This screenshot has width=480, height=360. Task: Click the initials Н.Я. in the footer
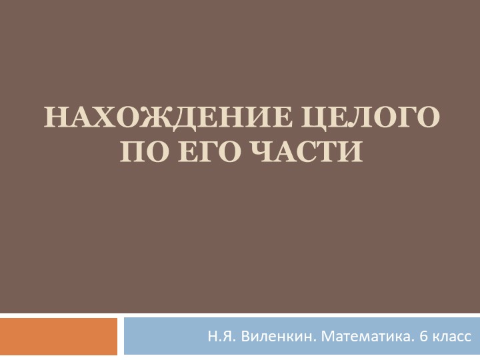220,337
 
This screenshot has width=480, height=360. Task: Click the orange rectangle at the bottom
59,337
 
